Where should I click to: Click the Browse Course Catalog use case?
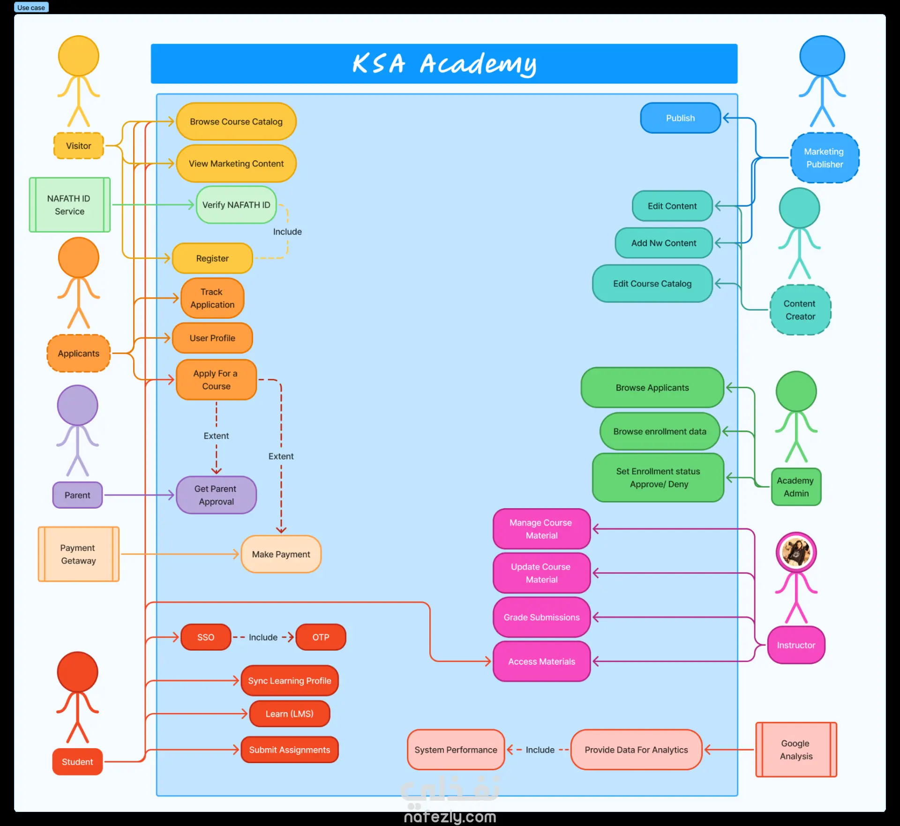pos(236,122)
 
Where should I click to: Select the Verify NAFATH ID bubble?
pos(236,205)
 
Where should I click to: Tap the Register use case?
pos(212,258)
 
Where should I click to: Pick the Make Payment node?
pos(281,554)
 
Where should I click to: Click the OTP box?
pos(321,637)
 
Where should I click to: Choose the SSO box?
pos(206,637)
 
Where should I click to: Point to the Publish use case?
pos(680,118)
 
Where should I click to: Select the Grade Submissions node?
pos(541,617)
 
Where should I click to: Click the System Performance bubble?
pos(456,750)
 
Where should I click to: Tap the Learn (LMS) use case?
pos(290,713)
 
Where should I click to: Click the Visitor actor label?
pos(79,146)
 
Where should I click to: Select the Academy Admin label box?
pos(796,487)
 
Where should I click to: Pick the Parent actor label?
pos(77,495)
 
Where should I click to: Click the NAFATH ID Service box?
pos(70,205)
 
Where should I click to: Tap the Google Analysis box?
pos(796,750)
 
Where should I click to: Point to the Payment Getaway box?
pos(78,554)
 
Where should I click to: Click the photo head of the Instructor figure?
pos(796,552)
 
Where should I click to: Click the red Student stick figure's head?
pos(77,671)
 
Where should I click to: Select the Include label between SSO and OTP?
pos(263,637)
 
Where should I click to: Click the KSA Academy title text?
pos(444,64)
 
